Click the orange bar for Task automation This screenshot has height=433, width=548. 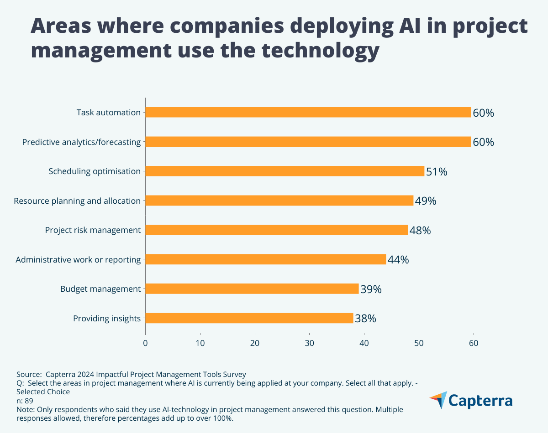pos(308,112)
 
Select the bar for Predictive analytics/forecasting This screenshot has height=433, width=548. pos(308,142)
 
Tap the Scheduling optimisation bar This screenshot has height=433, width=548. pos(285,171)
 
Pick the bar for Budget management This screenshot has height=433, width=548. pos(252,289)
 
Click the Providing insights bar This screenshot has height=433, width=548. pos(249,318)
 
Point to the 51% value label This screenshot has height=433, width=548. pos(437,172)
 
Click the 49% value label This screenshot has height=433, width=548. pos(426,201)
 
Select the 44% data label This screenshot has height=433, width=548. pos(398,260)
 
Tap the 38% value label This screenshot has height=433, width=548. pos(365,319)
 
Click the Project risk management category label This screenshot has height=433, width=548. pos(93,230)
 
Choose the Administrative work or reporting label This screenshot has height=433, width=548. pos(78,260)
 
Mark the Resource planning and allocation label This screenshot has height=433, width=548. pos(77,201)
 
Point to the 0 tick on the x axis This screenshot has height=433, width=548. pos(146,343)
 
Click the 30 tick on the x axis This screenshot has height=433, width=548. pos(310,343)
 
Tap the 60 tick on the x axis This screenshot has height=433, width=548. pos(474,343)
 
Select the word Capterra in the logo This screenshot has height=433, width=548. pos(480,401)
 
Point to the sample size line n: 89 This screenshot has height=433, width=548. pos(25,400)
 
